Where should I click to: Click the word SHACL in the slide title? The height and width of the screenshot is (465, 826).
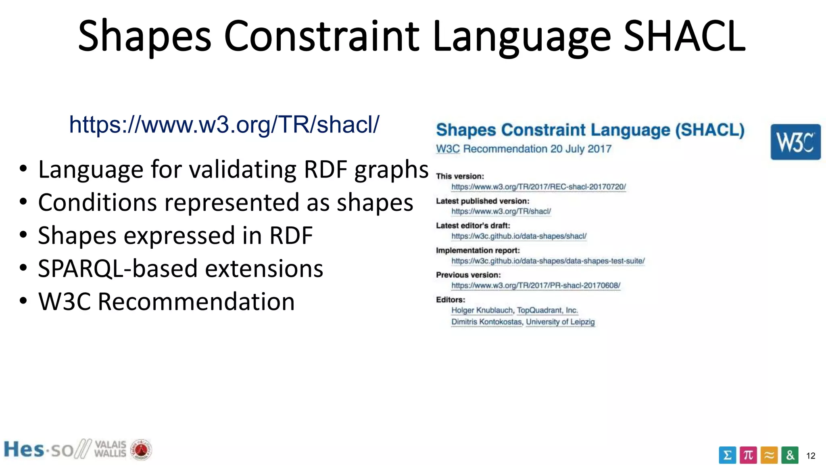point(684,36)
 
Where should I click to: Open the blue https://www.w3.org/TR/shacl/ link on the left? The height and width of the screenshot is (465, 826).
point(224,124)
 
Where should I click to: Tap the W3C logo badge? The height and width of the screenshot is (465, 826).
point(795,142)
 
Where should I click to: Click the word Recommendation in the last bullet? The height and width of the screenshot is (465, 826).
point(196,302)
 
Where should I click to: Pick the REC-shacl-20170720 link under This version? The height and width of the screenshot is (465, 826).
point(538,187)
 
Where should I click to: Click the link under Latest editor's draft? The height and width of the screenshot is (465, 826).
point(519,236)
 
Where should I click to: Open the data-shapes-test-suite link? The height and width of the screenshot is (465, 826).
point(548,261)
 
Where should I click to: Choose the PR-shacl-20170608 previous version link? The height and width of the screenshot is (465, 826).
point(536,285)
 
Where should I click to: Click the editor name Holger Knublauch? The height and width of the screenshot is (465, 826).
point(482,310)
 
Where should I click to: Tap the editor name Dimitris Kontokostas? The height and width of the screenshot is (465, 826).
point(486,322)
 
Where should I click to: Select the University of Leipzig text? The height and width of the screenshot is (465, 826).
point(560,322)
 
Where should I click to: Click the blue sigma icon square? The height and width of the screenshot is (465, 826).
point(727,455)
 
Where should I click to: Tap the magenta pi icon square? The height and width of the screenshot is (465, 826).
point(748,455)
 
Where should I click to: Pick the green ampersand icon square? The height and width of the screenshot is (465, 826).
point(790,455)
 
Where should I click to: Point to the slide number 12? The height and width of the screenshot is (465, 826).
point(811,456)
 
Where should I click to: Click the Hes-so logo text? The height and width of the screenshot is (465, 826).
point(38,449)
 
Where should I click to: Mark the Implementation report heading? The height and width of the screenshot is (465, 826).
point(478,250)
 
